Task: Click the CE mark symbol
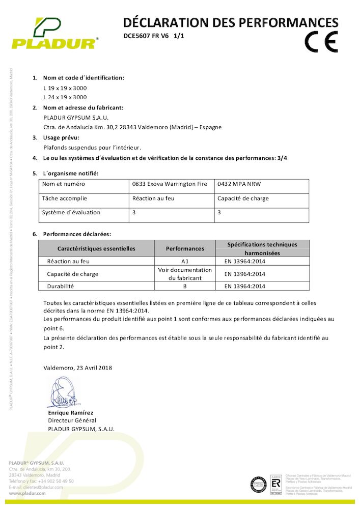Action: (321, 42)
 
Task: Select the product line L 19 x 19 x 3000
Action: (65, 88)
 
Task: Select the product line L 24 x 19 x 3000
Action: (65, 97)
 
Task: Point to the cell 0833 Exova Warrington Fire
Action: (170, 184)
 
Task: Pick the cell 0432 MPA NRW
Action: (239, 184)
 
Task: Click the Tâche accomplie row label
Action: (64, 198)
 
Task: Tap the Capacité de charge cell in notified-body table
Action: (243, 198)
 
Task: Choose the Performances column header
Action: (185, 248)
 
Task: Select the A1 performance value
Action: (185, 261)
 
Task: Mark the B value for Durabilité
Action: (185, 286)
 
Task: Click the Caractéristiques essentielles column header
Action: (96, 248)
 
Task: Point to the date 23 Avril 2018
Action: (94, 367)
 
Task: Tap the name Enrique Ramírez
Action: (71, 412)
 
